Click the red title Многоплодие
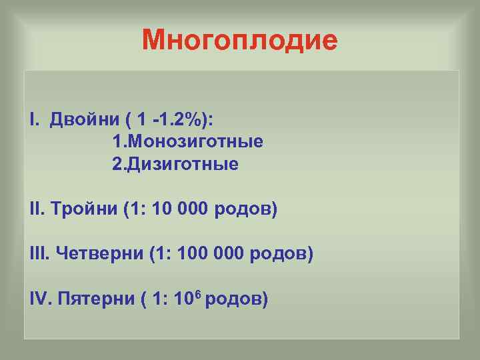[240, 41]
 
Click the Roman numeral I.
[32, 119]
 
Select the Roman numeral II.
[34, 210]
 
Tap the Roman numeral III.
[37, 254]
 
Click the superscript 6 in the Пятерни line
[197, 293]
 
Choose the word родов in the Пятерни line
[237, 299]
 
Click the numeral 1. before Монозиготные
[118, 141]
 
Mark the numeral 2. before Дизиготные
[118, 164]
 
